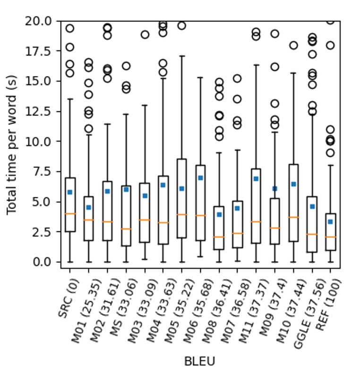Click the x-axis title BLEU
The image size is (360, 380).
click(x=199, y=362)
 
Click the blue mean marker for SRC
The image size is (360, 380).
click(x=70, y=192)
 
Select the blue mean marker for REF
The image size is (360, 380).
click(x=331, y=221)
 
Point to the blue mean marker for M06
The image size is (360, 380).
click(x=200, y=178)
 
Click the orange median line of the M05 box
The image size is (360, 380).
click(x=181, y=215)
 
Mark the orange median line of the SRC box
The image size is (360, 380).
click(x=70, y=214)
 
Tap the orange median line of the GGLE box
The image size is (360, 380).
click(x=312, y=234)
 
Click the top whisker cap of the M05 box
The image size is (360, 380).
click(x=181, y=56)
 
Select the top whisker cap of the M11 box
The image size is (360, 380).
click(x=256, y=65)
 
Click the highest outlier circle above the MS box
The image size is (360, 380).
click(x=126, y=66)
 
